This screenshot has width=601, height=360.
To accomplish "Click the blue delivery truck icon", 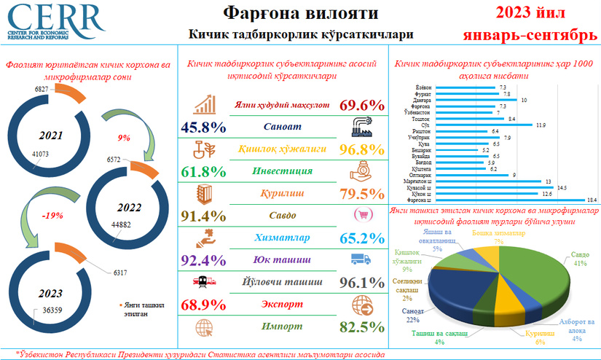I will coord(362,259).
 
